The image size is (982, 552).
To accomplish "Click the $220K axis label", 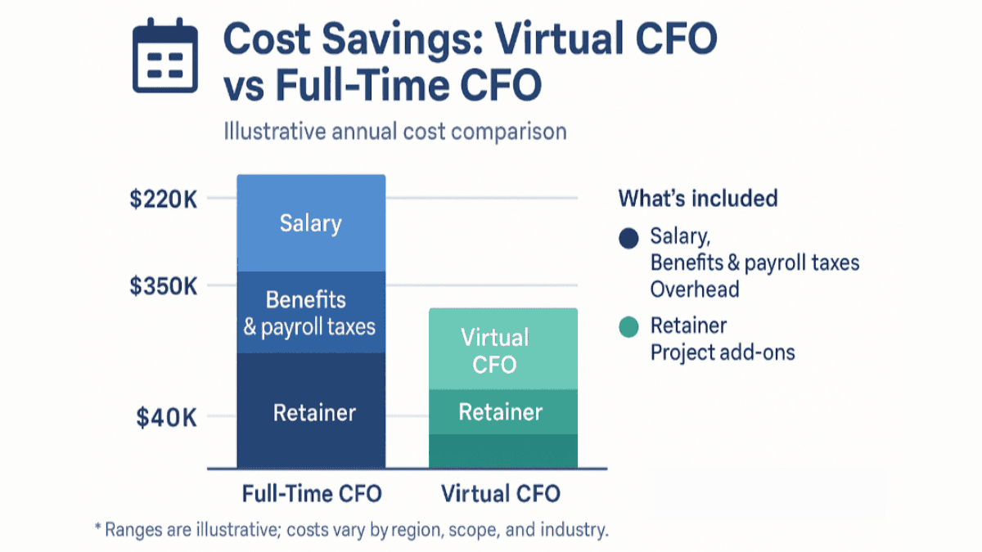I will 163,199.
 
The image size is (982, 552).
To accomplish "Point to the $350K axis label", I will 163,286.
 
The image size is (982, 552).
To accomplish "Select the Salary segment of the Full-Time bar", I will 310,223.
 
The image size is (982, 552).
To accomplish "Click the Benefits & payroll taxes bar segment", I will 310,313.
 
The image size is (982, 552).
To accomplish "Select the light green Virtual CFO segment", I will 502,350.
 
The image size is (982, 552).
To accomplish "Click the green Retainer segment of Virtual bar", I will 502,412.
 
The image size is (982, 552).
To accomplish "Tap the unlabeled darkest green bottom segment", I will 502,451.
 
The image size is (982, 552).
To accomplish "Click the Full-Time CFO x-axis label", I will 312,495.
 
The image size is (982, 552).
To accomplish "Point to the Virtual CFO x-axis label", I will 500,495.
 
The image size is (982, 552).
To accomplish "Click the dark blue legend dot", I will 628,239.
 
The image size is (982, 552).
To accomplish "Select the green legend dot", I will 628,327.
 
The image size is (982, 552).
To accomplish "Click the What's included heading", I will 697,199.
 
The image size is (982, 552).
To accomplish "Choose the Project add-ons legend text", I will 722,352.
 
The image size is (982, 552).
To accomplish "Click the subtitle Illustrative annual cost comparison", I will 394,131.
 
